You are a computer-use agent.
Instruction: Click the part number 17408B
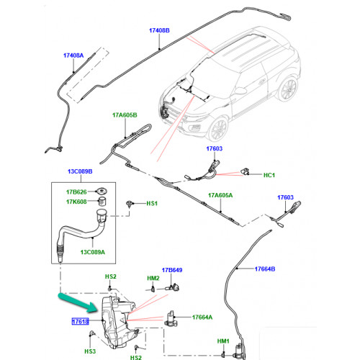159,30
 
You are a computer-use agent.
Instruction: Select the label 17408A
73,55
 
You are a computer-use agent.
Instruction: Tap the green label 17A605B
125,115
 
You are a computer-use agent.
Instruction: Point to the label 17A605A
220,195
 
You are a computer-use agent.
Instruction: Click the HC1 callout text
269,175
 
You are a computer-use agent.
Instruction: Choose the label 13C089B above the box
80,171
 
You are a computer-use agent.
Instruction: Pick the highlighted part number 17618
81,321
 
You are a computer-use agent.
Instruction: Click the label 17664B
265,269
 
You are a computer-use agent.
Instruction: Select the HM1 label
223,341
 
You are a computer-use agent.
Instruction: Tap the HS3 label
90,351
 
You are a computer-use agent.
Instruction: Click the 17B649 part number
172,270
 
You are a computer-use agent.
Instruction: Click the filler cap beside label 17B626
101,192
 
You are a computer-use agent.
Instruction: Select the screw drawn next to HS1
130,204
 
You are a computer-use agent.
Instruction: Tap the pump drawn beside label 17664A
171,319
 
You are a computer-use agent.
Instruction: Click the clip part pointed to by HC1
245,171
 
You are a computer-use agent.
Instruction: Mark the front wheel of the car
218,129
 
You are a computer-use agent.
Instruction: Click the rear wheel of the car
288,89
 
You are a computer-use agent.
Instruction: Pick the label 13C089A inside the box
93,252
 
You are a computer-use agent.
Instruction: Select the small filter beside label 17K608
103,202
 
